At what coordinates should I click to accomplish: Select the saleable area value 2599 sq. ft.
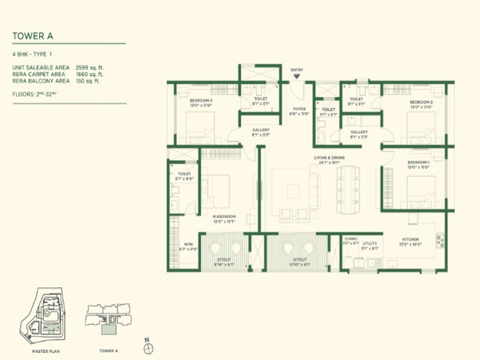pos(90,68)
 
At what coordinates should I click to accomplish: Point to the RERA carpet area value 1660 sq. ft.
pos(90,74)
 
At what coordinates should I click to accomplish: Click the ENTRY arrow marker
pos(296,77)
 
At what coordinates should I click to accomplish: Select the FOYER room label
pos(298,109)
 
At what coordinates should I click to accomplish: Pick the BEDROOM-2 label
pos(419,102)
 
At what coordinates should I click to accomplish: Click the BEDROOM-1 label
pos(419,163)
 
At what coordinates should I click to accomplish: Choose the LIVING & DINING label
pos(329,158)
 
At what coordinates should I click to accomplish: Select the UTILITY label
pos(370,244)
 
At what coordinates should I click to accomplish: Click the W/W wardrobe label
pos(188,244)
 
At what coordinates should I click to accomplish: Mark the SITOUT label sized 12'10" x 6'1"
pos(299,261)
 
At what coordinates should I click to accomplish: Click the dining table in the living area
pos(349,190)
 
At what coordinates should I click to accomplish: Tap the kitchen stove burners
pos(440,241)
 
